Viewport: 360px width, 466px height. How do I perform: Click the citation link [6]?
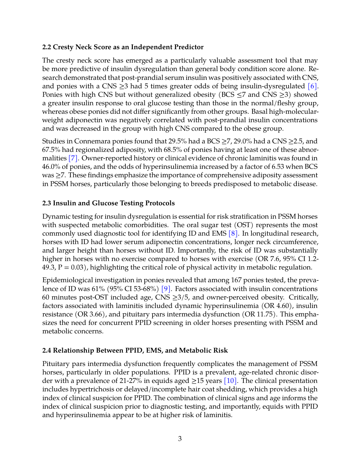[x=312, y=86]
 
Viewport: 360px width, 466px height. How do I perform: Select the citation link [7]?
[x=73, y=158]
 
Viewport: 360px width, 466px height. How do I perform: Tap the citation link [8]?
[x=233, y=234]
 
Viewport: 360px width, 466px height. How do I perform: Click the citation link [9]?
[x=166, y=289]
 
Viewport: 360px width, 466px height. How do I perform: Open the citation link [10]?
[x=231, y=381]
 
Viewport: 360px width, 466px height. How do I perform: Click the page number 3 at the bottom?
[x=180, y=439]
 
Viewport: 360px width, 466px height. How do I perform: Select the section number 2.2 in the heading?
[x=47, y=47]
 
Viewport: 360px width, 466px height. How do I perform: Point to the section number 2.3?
[x=47, y=203]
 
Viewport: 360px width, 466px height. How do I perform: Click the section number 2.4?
[x=47, y=351]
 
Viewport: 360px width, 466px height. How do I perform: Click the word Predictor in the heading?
[x=189, y=47]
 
